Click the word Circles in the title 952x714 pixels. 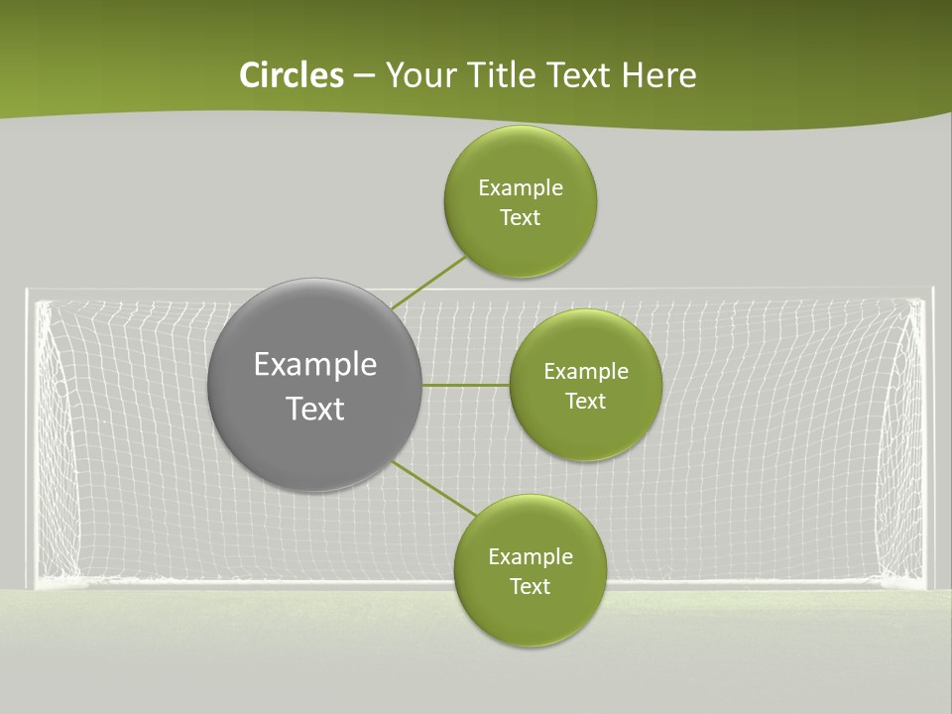coord(292,75)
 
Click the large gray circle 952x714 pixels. coord(314,436)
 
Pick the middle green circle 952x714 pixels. coord(585,431)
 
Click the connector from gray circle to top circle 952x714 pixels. coord(428,284)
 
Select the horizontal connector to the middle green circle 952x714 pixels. coord(465,385)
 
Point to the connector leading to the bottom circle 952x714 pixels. coord(434,488)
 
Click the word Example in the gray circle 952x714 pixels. coord(314,365)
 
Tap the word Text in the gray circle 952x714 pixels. coord(314,409)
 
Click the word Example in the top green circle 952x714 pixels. coord(521,188)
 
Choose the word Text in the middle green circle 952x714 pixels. coord(585,402)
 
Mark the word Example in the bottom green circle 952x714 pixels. coord(530,557)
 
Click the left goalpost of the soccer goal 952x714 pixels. coord(32,436)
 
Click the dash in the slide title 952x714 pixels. coord(364,76)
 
